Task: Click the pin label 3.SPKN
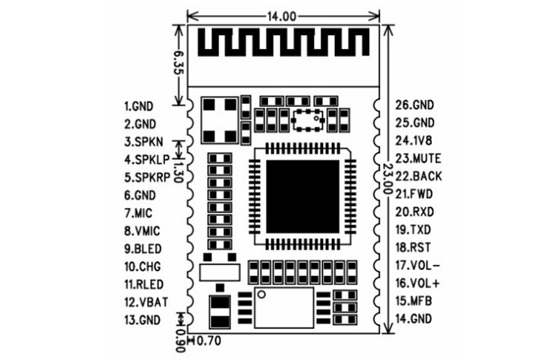point(144,141)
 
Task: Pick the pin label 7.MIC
point(140,212)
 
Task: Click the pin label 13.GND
point(143,320)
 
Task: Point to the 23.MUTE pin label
point(419,158)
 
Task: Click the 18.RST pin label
point(413,247)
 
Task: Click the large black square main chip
point(302,195)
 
